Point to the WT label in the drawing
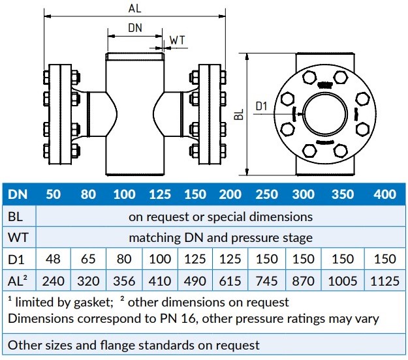[x=177, y=40]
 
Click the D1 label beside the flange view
[x=262, y=106]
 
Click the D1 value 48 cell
[x=54, y=259]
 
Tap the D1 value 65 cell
[x=88, y=259]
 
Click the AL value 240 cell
[x=54, y=281]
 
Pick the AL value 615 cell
[x=230, y=281]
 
